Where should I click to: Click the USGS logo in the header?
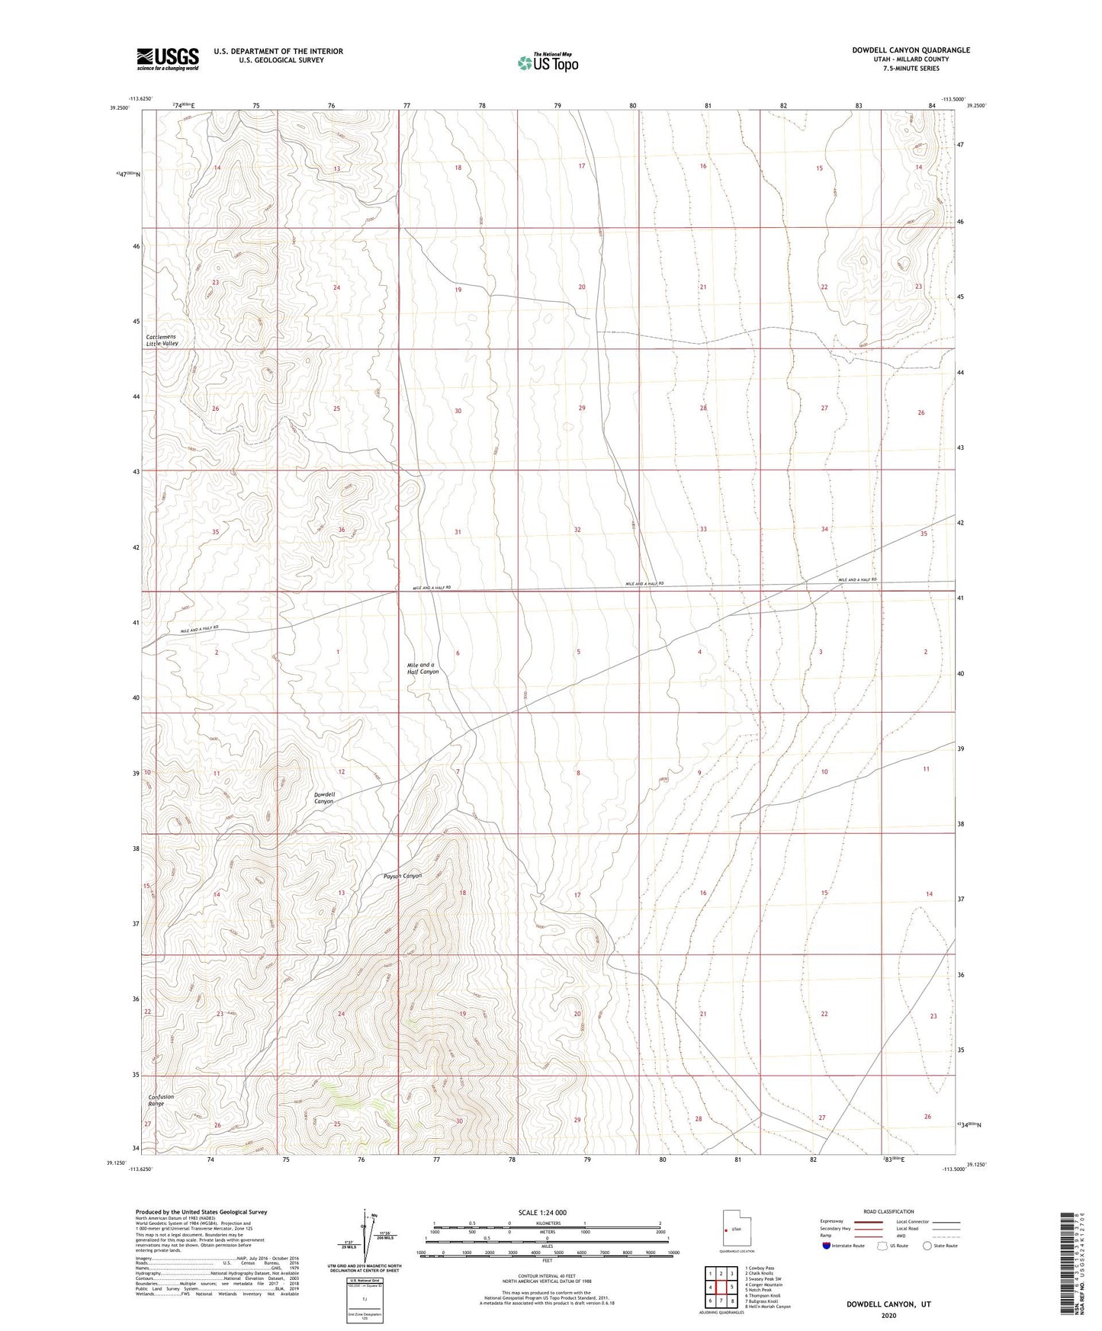[168, 59]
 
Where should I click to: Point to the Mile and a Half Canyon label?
[422, 669]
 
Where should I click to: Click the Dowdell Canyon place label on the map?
[324, 797]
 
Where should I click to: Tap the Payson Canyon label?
[403, 876]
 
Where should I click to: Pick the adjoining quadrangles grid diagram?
[721, 1288]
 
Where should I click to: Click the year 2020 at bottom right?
[888, 1315]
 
